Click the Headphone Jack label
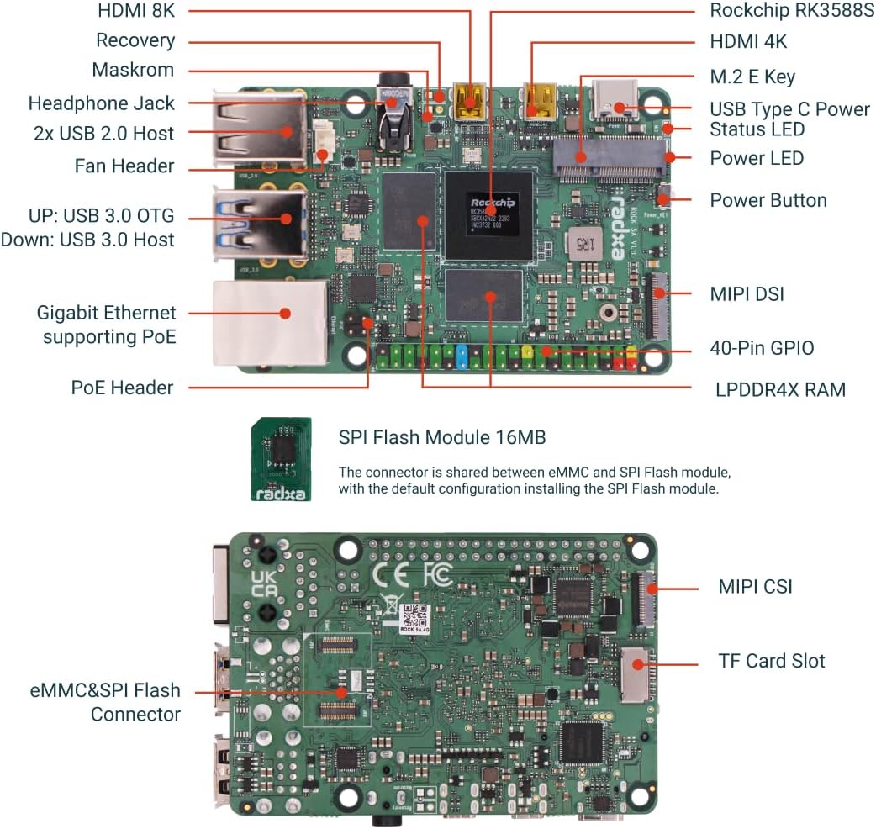[x=101, y=103]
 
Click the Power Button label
[x=768, y=200]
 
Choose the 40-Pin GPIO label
[x=762, y=348]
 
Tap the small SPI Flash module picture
[x=282, y=459]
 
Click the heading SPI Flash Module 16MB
[x=441, y=437]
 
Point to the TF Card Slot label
[x=771, y=661]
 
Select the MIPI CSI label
[x=754, y=586]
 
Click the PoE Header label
[x=122, y=388]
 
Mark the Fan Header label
[x=124, y=166]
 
